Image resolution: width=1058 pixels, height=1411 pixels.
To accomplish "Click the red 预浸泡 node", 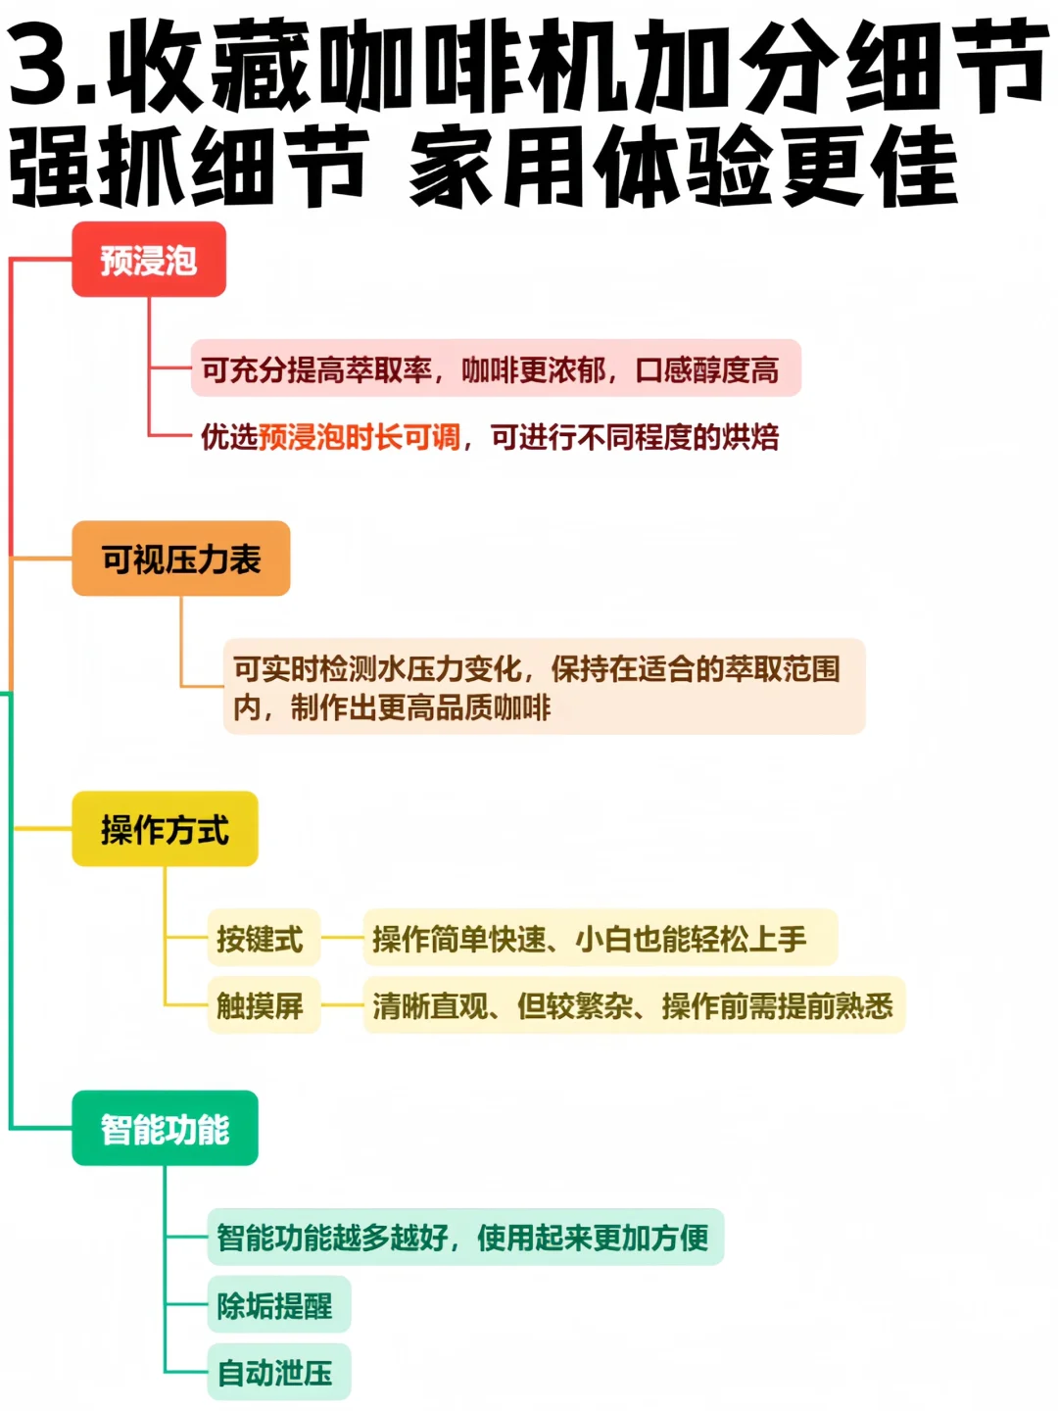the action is [x=149, y=260].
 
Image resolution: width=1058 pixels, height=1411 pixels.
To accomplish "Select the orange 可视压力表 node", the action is [x=181, y=559].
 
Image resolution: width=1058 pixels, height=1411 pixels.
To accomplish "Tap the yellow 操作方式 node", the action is [x=165, y=829].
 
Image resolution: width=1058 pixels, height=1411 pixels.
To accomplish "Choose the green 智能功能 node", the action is [x=165, y=1128].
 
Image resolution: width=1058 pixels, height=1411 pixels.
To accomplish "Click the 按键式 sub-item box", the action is [x=260, y=938].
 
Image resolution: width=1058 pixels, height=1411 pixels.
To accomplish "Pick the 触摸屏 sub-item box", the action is [x=261, y=1005].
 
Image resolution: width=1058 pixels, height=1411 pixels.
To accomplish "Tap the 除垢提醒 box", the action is [x=276, y=1305].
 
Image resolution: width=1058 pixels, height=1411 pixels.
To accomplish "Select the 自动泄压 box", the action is [x=276, y=1373].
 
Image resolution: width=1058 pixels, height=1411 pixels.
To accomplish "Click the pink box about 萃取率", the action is [x=495, y=368].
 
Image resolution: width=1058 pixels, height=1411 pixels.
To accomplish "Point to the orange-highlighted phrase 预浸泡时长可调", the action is [x=360, y=436].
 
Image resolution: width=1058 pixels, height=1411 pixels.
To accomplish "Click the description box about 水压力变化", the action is [x=544, y=687].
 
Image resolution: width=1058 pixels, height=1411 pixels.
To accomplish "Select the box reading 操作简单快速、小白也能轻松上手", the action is [x=600, y=938].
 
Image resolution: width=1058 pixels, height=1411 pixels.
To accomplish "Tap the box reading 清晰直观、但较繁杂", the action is [x=633, y=1005].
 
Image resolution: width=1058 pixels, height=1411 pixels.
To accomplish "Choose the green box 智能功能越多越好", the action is [x=464, y=1237].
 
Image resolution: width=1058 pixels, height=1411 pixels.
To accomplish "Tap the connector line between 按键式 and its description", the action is [x=342, y=938].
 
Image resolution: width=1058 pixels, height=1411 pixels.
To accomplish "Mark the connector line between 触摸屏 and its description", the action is [x=342, y=1005].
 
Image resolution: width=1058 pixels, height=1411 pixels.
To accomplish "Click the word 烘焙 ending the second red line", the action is [x=750, y=436].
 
